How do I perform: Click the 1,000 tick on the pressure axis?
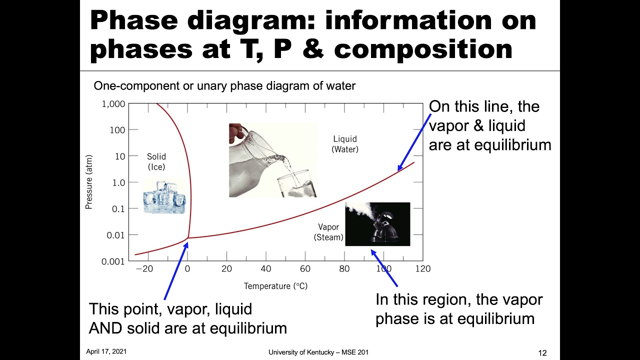[x=113, y=104]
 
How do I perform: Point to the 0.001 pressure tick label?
[x=113, y=261]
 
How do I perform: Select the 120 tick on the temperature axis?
[x=423, y=268]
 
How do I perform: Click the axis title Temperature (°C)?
[x=275, y=286]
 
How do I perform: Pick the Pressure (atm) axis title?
[x=89, y=181]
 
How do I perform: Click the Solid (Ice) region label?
[x=156, y=162]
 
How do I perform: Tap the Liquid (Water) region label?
[x=345, y=144]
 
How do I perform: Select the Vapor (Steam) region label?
[x=328, y=232]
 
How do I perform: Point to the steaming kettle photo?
[x=377, y=224]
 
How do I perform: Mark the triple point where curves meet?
[x=189, y=237]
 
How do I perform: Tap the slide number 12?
[x=542, y=353]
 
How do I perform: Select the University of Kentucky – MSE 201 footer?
[x=318, y=352]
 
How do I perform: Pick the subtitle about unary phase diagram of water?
[x=224, y=86]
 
